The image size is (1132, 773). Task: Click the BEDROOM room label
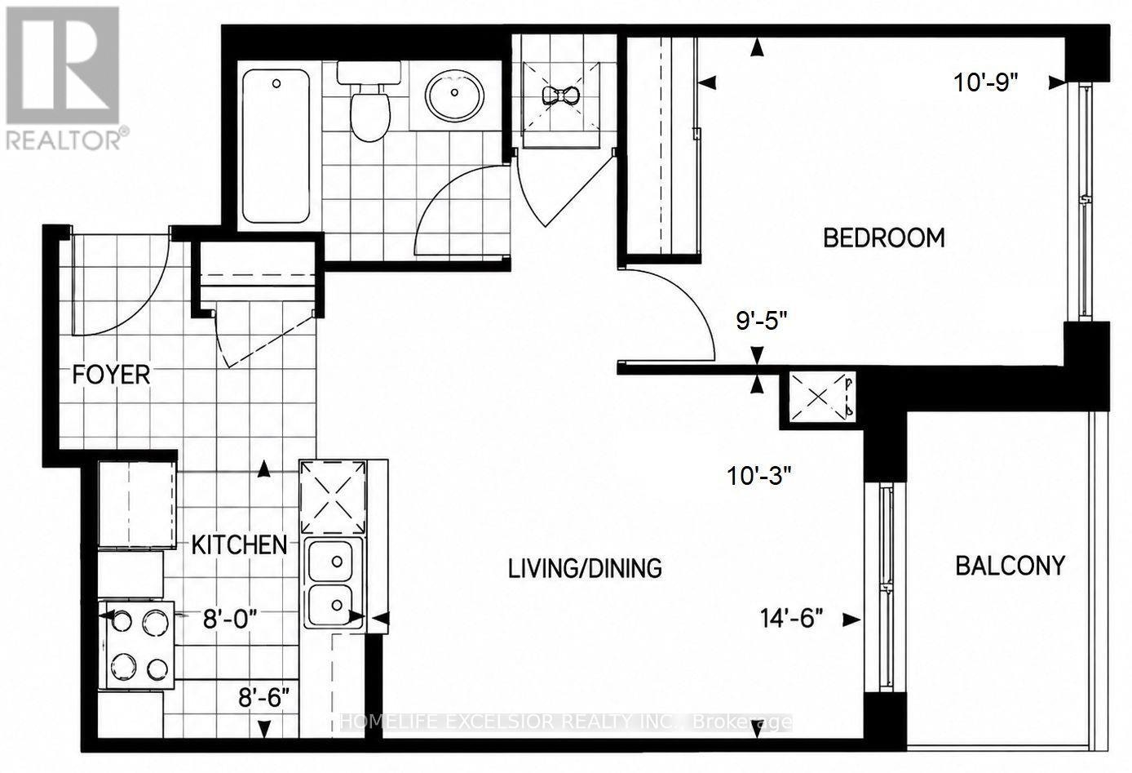point(884,238)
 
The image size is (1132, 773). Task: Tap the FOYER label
point(111,375)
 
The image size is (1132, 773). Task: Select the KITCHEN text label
point(239,544)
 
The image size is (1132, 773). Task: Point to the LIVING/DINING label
point(585,569)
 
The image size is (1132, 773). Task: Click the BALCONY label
point(1010,566)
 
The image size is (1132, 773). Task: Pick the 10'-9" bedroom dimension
point(985,82)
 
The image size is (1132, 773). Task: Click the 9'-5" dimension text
point(762,320)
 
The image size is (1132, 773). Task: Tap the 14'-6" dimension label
point(791,618)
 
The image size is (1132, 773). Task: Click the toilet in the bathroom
point(370,102)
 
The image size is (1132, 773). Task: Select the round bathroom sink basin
point(454,96)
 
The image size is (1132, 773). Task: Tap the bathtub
point(276,146)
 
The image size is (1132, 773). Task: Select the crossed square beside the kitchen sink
point(333,497)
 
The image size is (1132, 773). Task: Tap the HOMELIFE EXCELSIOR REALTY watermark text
point(565,722)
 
